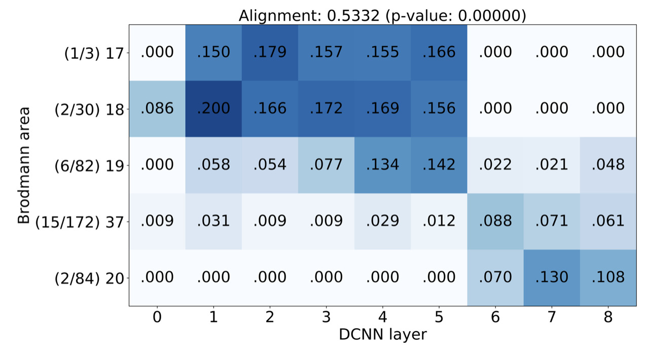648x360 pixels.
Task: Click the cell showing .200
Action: coord(213,109)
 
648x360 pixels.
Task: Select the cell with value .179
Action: coord(270,52)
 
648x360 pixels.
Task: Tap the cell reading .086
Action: coord(157,109)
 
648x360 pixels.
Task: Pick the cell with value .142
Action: coord(439,165)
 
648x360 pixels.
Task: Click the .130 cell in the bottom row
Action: coord(551,277)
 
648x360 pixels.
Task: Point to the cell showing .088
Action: coord(495,221)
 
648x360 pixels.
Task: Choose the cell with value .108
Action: coord(607,277)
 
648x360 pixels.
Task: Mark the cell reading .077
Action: coord(326,165)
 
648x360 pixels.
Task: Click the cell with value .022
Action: coord(495,165)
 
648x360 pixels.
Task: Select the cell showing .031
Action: coord(213,221)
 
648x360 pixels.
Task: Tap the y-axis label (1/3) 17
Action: coord(94,53)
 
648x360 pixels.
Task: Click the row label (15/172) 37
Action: coord(80,222)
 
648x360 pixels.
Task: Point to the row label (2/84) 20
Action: coord(89,278)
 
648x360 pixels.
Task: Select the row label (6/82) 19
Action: coord(89,165)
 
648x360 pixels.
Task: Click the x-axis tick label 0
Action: coord(157,317)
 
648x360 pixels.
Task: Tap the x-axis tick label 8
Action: coord(607,317)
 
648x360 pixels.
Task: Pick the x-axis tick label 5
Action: coord(439,317)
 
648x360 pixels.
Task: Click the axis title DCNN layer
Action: coord(382,335)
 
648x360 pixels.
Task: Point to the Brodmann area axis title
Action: coord(24,165)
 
